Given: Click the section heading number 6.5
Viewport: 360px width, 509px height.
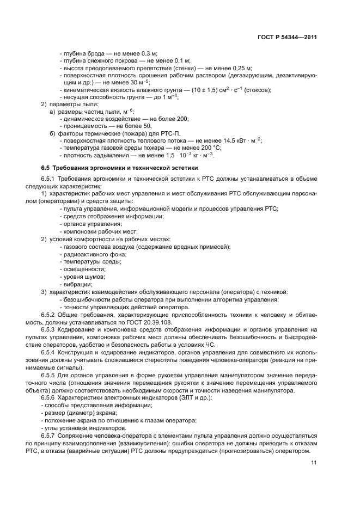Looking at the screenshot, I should point(46,168).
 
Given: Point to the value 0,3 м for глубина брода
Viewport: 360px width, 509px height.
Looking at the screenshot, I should point(149,54).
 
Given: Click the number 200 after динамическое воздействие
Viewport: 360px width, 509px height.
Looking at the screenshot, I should point(182,118).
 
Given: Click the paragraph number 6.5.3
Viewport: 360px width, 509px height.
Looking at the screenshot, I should point(49,329).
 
